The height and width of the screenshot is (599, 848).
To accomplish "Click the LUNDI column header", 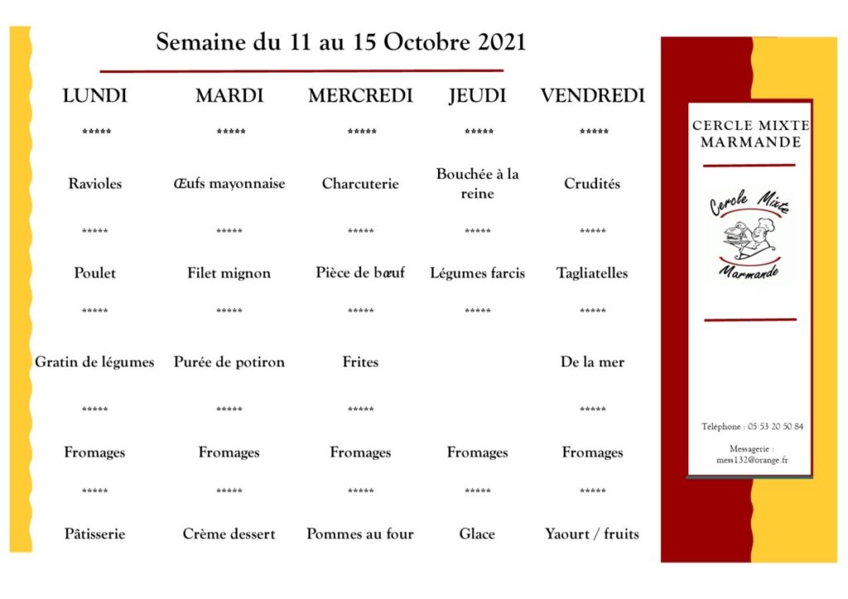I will [x=95, y=96].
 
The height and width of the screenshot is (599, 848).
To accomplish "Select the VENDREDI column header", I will [x=592, y=96].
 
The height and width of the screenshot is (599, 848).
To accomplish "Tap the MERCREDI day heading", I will [x=360, y=96].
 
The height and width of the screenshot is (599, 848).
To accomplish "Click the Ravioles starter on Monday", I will [x=94, y=184].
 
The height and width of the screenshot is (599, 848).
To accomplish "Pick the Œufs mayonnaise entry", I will [x=229, y=184].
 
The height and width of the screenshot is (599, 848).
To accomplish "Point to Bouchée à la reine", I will [x=477, y=184].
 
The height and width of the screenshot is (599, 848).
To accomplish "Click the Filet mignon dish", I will [x=229, y=273].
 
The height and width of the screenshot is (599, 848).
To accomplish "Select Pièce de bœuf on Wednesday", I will [x=360, y=272].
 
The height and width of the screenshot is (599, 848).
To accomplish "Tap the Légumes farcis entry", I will [x=477, y=273].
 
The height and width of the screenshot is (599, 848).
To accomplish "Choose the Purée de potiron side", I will [x=229, y=362].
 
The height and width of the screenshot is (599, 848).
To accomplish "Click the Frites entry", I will [x=360, y=362].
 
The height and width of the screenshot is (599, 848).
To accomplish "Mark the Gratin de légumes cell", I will [x=94, y=362].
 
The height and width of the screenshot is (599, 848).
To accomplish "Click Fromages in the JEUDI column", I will [x=477, y=453].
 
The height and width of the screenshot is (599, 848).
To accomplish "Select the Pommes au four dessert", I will [x=360, y=534].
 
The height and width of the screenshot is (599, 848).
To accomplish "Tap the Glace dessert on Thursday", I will [x=477, y=534].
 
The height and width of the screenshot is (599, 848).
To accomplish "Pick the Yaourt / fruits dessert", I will [x=592, y=534].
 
